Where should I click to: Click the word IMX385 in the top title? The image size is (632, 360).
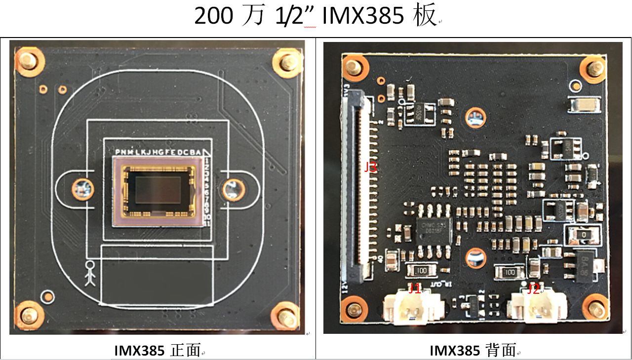coord(363,16)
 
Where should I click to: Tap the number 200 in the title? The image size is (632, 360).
coord(213,16)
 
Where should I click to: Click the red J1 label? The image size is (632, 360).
coord(415,288)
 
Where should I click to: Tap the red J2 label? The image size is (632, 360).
coord(533,289)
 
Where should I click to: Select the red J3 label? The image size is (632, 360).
coord(370,167)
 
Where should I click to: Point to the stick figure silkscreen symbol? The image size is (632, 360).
coord(89,274)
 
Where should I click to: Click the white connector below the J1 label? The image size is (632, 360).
coord(414,308)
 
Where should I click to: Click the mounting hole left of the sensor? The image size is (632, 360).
coord(83,188)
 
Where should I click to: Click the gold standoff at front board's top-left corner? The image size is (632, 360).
coord(27,60)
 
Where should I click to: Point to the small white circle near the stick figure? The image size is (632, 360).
coord(47,297)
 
